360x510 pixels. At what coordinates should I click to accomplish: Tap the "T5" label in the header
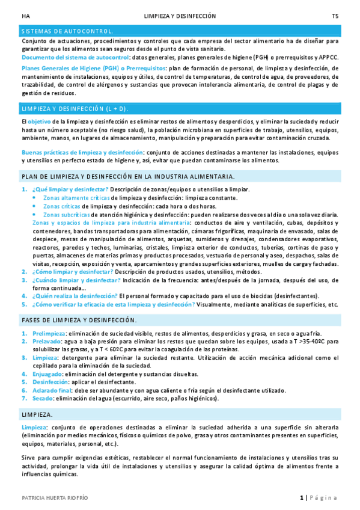(x=335, y=16)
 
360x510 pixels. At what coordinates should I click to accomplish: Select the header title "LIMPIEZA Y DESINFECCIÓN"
(x=180, y=16)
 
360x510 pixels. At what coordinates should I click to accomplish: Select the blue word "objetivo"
(x=40, y=121)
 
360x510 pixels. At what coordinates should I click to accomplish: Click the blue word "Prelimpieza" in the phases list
(x=49, y=333)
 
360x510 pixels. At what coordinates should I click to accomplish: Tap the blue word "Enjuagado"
(x=47, y=373)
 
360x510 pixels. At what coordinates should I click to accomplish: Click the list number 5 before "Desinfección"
(x=25, y=382)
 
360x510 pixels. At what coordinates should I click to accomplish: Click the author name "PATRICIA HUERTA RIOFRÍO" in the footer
(x=55, y=498)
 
